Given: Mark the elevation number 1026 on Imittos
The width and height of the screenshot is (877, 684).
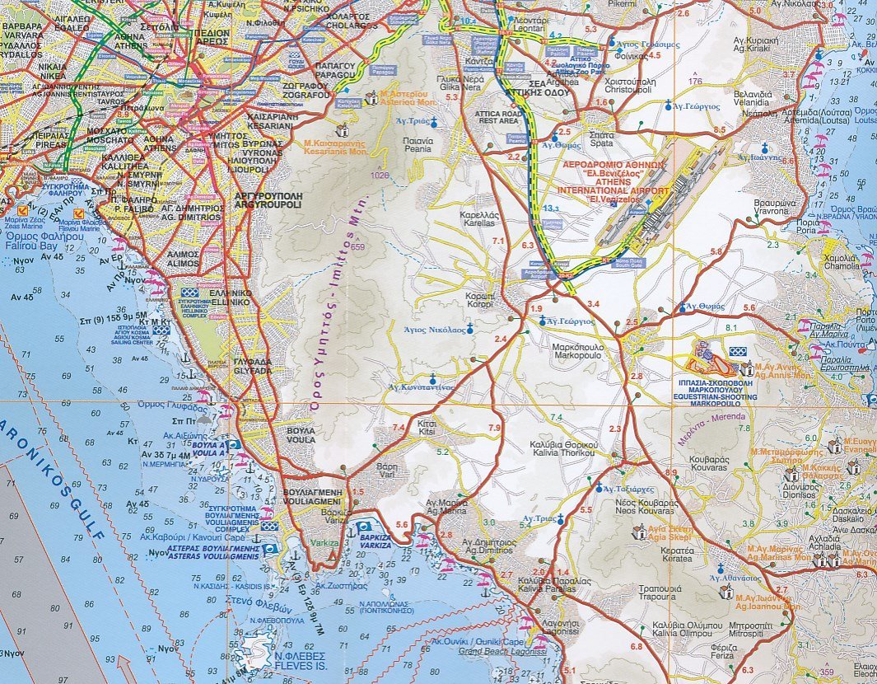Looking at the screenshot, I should (x=380, y=176).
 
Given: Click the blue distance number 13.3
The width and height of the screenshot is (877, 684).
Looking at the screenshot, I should (x=553, y=209).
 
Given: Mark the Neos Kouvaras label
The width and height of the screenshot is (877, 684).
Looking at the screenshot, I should (x=646, y=507).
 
